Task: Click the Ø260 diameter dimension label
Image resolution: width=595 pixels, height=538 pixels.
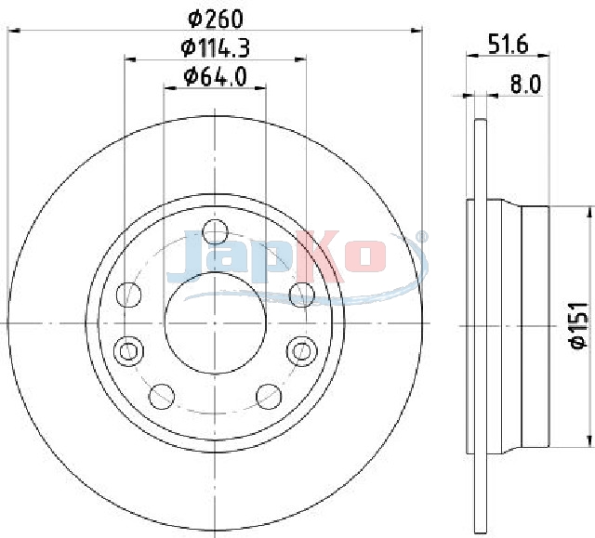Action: click(215, 19)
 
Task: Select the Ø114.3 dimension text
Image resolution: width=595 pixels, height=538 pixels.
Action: click(215, 48)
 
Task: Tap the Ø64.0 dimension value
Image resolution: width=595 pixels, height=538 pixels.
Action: click(215, 76)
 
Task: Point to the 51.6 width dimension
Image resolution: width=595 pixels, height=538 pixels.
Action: click(508, 45)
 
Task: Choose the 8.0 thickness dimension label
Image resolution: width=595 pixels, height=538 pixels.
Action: click(525, 85)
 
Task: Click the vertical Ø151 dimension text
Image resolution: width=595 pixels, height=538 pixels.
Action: click(579, 325)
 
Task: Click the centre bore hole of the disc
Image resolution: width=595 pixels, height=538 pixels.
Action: click(215, 323)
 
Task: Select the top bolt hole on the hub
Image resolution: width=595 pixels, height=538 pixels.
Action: click(215, 231)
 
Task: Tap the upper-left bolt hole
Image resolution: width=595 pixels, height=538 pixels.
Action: click(128, 295)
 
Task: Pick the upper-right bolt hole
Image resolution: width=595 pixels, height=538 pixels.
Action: click(302, 295)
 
